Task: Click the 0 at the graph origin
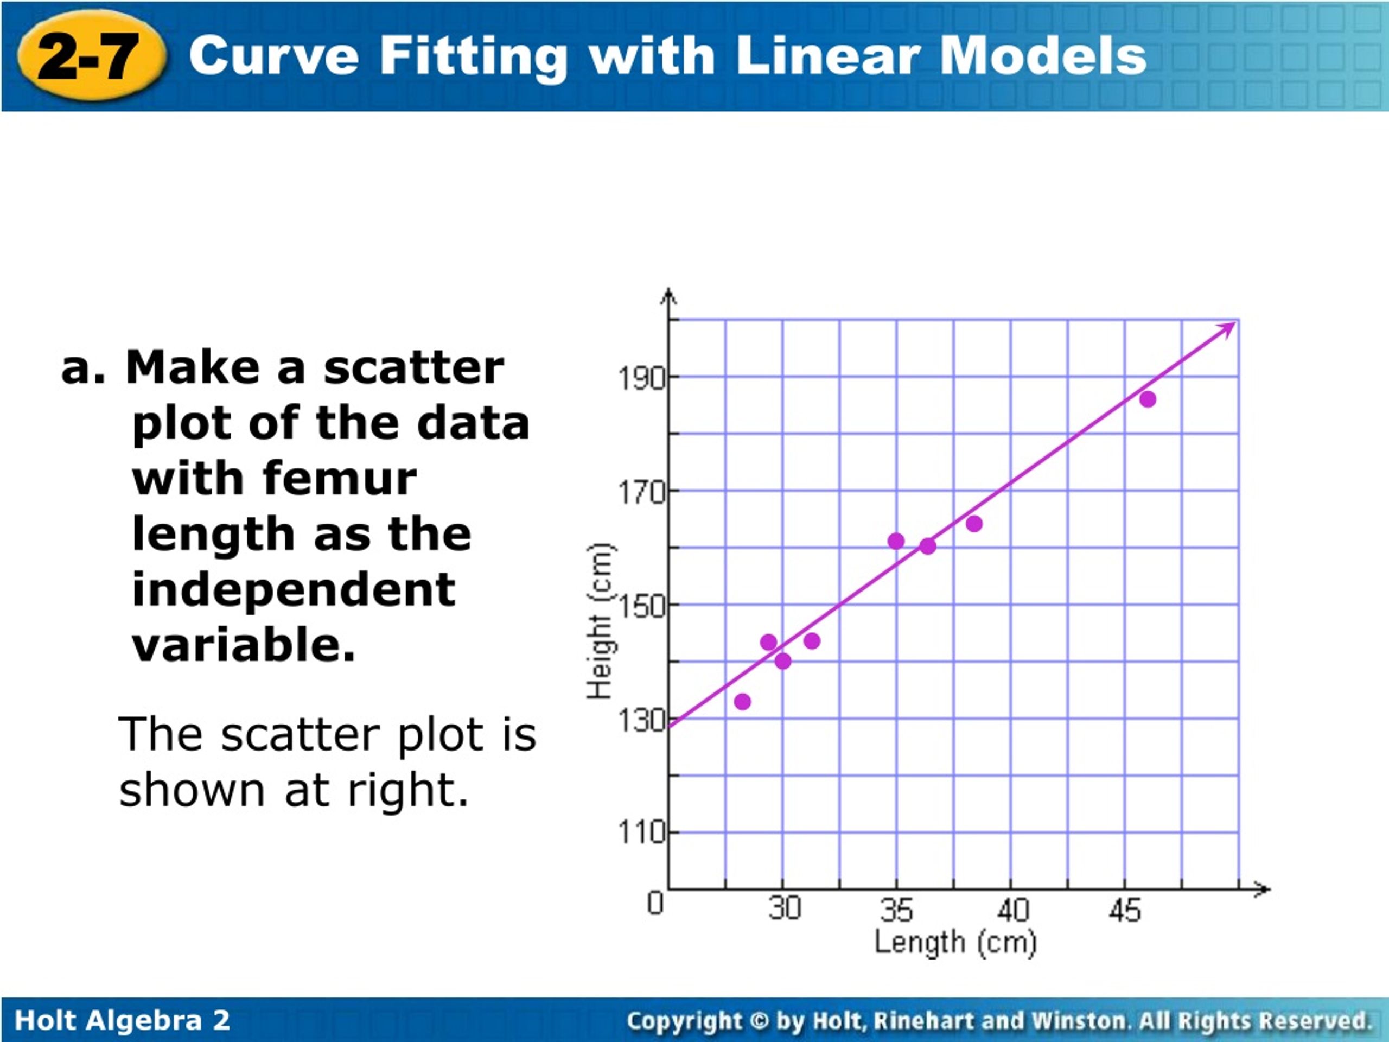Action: (x=655, y=903)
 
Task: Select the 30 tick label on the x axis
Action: (x=784, y=908)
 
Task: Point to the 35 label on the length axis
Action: (x=897, y=910)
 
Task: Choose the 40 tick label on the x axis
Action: (x=1012, y=910)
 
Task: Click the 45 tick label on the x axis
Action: (x=1125, y=910)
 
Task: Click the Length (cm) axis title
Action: (x=955, y=943)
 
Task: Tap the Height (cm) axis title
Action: (x=600, y=621)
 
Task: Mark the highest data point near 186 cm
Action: (x=1147, y=399)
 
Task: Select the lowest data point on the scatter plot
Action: (x=742, y=702)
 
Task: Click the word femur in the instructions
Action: (x=340, y=479)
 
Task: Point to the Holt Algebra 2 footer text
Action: (x=123, y=1020)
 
